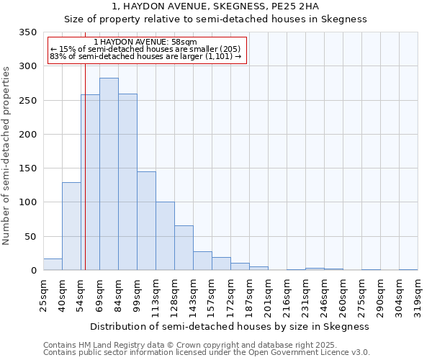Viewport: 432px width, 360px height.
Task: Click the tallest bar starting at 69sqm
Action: tap(109, 174)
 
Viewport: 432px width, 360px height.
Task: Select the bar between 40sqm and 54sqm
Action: tap(71, 226)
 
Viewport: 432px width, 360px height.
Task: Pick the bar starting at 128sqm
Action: tap(184, 248)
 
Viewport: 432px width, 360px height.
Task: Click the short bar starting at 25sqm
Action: tap(53, 264)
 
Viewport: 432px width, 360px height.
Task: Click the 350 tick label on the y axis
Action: tap(27, 32)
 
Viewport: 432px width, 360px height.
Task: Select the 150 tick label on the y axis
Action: tap(27, 168)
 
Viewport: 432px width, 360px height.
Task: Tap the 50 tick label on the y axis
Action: tap(30, 237)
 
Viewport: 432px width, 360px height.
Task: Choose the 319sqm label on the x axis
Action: tap(418, 294)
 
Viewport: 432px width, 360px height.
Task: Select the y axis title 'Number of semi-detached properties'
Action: tap(6, 156)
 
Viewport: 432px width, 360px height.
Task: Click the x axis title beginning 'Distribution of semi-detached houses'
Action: tap(230, 326)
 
